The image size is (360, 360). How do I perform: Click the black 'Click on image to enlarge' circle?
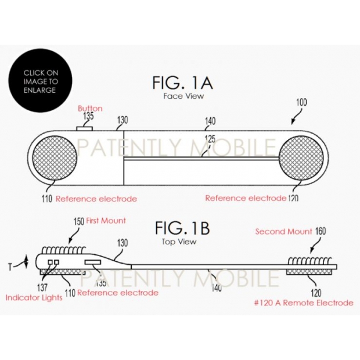pos(40,81)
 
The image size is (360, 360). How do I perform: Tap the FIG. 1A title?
pos(183,83)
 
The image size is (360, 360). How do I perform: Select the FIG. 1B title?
pos(182,228)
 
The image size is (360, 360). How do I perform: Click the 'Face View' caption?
pos(183,96)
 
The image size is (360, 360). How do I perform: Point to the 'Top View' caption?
pos(179,242)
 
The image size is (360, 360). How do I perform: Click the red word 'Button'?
pos(90,109)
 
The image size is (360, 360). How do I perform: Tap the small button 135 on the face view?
pos(85,128)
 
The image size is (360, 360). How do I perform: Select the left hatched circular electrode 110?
pos(55,158)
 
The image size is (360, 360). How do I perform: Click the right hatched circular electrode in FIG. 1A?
pos(301,158)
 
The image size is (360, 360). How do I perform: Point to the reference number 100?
pos(301,102)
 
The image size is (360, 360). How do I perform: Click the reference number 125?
pos(210,139)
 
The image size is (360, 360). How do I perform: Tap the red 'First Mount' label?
pos(106,221)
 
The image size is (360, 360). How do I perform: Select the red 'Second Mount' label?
pos(284,232)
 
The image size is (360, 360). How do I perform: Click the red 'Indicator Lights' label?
pos(34,297)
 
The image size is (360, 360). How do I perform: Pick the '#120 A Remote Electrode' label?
pos(304,303)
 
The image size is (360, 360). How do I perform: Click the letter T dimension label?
pos(10,267)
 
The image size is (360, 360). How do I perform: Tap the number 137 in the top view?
pos(42,287)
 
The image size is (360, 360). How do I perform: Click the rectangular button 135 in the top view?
pos(93,262)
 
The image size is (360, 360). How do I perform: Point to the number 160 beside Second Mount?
pos(321,231)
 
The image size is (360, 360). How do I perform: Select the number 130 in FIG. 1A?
pos(123,120)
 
